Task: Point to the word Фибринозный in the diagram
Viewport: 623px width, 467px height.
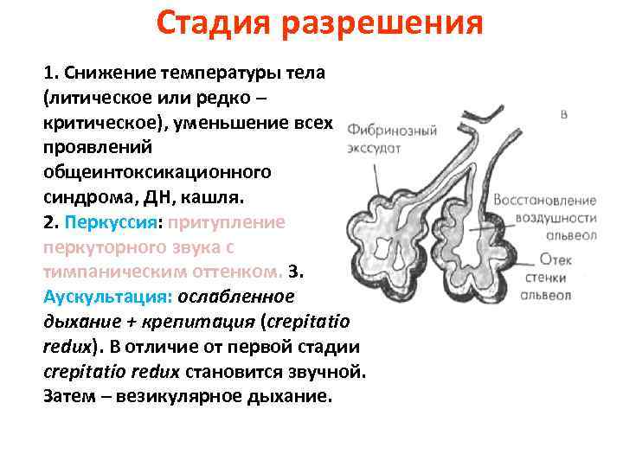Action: point(387,131)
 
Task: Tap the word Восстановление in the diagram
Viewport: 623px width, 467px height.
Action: point(545,200)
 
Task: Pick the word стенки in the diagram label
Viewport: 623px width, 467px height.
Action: point(549,277)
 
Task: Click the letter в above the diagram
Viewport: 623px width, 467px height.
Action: point(564,114)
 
